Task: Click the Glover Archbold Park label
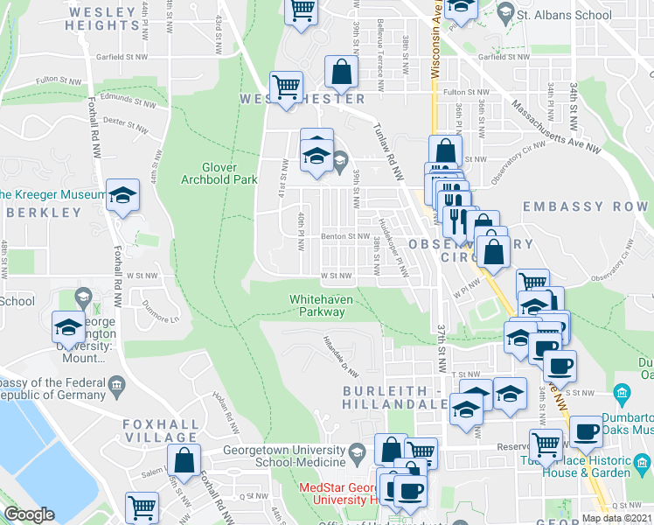pos(230,172)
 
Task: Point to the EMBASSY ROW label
pos(585,206)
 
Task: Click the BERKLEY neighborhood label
pos(42,213)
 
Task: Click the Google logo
pos(30,514)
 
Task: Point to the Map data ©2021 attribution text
pos(617,518)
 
